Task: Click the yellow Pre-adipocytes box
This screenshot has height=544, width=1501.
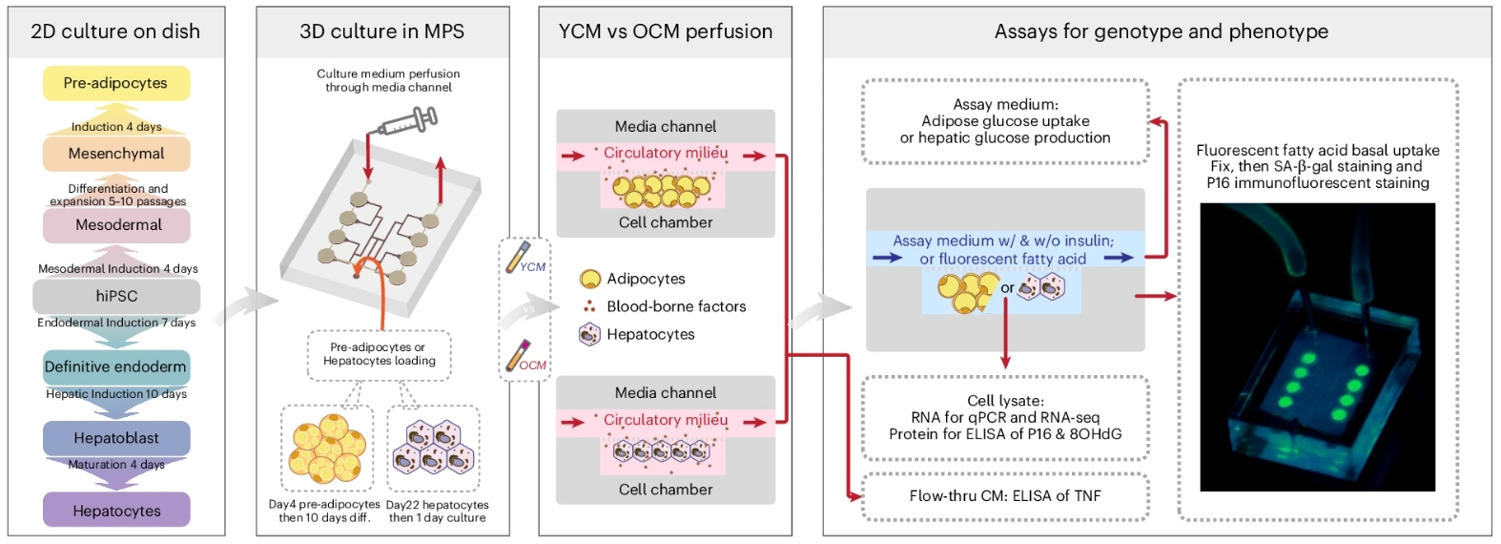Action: point(115,83)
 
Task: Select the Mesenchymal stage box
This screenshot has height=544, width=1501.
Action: point(115,154)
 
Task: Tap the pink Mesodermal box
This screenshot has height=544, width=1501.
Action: point(116,225)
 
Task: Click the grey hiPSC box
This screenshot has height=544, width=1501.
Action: point(116,296)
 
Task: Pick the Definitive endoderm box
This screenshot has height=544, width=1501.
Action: point(115,366)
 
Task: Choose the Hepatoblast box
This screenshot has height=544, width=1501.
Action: point(115,438)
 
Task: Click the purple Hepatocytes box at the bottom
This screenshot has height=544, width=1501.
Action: point(116,511)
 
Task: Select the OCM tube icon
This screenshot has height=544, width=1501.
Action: point(520,355)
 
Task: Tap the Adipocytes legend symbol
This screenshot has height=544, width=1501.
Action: point(590,279)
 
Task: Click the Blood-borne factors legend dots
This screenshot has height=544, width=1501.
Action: point(589,306)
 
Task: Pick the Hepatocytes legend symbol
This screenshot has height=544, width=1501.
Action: point(590,334)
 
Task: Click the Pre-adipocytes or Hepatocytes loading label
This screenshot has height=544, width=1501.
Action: point(379,354)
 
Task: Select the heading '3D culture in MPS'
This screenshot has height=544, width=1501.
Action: point(381,31)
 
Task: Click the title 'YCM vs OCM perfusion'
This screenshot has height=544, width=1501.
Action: point(665,31)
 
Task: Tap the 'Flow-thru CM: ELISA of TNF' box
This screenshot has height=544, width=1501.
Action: point(1005,495)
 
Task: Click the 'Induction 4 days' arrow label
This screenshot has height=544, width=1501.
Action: point(115,126)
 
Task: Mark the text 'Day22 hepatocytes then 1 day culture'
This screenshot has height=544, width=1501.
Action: point(437,511)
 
